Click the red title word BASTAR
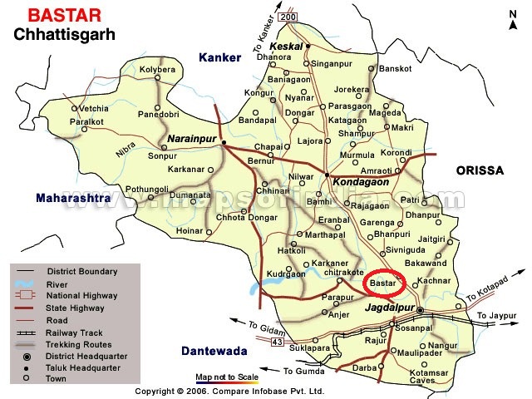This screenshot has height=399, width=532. [57, 15]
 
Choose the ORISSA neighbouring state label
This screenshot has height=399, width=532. [480, 170]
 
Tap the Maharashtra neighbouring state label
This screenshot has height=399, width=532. [72, 199]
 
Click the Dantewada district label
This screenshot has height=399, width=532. [217, 352]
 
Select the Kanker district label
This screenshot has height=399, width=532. [219, 57]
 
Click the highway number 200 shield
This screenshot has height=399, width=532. [288, 17]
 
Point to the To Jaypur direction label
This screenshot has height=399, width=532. [497, 315]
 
